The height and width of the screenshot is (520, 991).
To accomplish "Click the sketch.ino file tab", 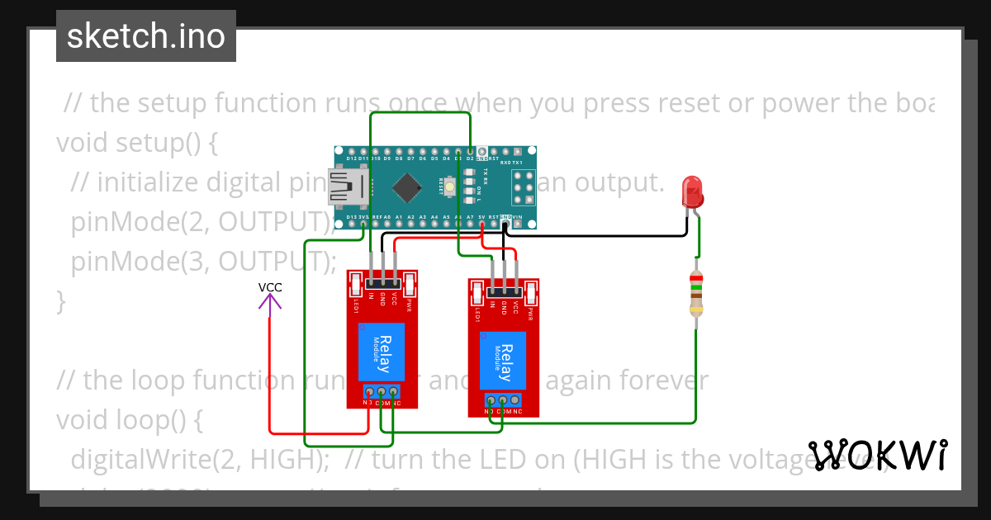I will click(146, 36).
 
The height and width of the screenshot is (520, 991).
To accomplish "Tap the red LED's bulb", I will click(691, 191).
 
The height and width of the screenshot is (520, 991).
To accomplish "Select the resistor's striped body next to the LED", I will click(696, 294).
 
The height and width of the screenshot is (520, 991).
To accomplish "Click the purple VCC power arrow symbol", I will click(269, 301).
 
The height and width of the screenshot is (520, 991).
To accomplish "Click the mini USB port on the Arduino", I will click(342, 187).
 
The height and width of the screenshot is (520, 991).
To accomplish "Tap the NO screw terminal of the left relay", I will click(369, 391).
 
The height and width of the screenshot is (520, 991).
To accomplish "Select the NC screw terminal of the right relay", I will click(515, 399).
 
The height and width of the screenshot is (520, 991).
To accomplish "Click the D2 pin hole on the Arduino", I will click(470, 153).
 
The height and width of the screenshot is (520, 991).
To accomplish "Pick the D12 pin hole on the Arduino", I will click(351, 153).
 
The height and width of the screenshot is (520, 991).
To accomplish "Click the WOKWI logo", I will click(878, 455).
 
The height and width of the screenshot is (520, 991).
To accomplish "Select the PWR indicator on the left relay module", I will click(408, 286).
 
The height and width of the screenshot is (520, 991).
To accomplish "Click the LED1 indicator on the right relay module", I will click(477, 294).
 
